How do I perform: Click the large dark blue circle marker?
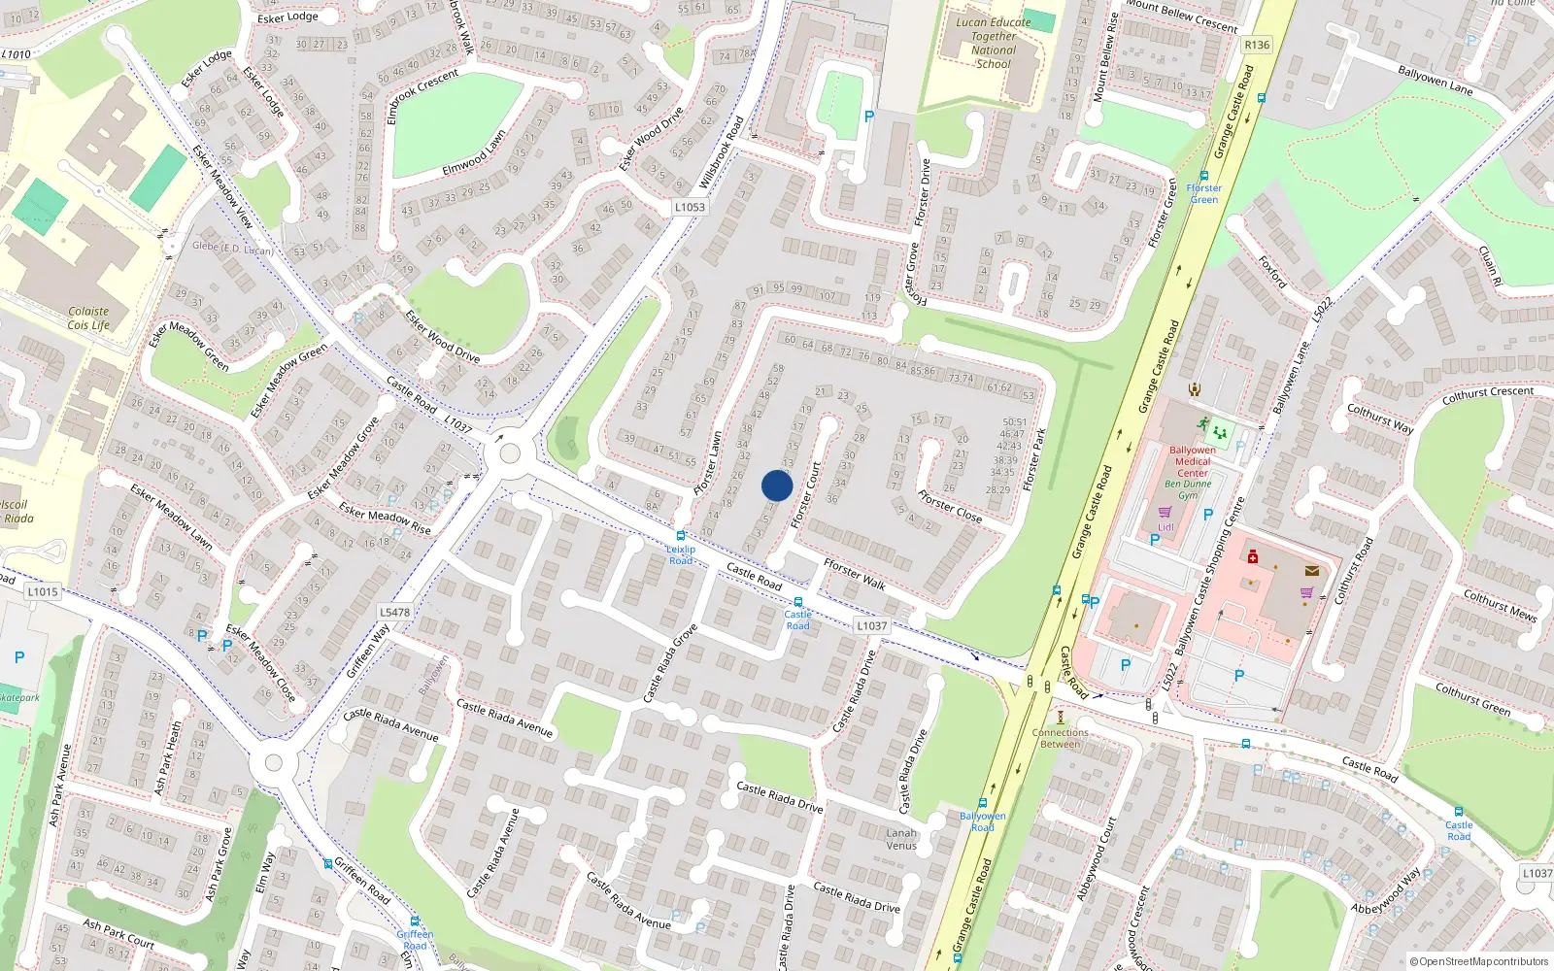[x=777, y=485]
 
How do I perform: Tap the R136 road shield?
[x=1257, y=45]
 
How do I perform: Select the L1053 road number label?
[x=690, y=207]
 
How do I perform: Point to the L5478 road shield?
[x=394, y=612]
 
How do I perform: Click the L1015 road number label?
[x=43, y=591]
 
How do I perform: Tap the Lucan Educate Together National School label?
[x=994, y=43]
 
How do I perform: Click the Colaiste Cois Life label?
[x=88, y=318]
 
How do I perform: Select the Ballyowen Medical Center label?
[x=1192, y=461]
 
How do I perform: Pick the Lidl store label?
[x=1165, y=527]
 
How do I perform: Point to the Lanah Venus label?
[x=901, y=839]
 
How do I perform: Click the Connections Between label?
[x=1060, y=738]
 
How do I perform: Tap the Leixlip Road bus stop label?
[x=681, y=554]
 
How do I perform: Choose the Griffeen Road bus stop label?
[x=415, y=940]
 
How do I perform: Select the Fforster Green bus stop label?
[x=1204, y=194]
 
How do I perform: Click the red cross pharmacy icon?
[x=1253, y=558]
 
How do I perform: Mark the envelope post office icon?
[x=1312, y=571]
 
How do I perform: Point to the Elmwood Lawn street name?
[x=474, y=153]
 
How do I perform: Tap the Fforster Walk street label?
[x=855, y=574]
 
